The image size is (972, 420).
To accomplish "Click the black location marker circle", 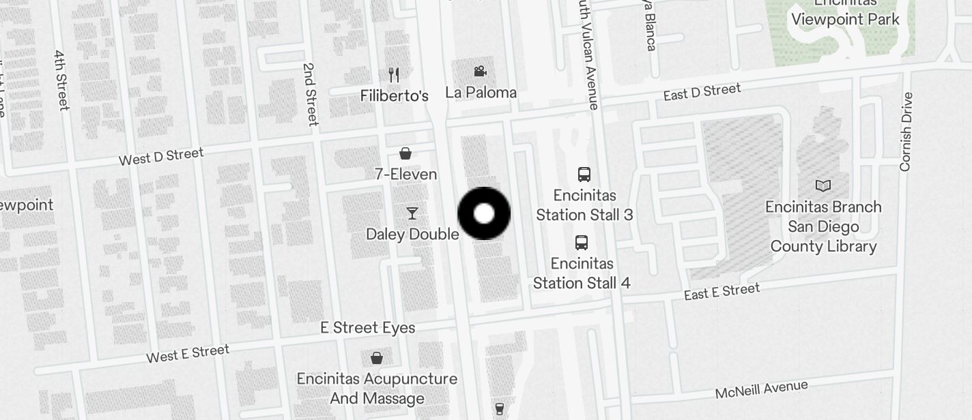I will point(484,213).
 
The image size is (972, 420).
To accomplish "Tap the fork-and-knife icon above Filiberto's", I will point(394,74).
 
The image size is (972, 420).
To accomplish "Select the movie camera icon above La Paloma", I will point(481,71).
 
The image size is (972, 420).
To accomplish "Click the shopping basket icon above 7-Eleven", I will point(405,153).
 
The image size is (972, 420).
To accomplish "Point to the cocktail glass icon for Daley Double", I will point(412,213).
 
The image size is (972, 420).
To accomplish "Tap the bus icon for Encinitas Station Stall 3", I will point(584,174).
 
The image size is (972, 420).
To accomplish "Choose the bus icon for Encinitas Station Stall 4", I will point(582,242).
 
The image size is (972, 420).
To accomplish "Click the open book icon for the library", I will point(823,185).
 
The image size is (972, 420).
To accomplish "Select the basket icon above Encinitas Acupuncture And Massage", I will point(377,357).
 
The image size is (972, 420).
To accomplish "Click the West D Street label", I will point(161,157).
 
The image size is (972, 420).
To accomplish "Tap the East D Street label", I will point(702,92).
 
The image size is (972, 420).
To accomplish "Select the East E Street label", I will point(721,292).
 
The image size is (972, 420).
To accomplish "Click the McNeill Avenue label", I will point(761,389).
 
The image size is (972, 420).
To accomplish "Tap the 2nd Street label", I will point(310,94).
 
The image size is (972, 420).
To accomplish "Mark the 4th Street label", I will point(61,80).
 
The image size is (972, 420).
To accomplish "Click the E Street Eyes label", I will point(368,328).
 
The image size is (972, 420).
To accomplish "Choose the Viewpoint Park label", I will point(845,18).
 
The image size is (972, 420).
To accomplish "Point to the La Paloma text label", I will point(481,93).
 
